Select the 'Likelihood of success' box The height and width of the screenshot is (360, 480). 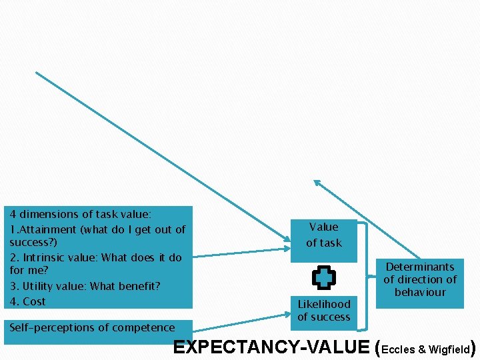pos(323,311)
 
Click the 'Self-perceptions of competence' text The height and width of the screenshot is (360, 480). pos(92,327)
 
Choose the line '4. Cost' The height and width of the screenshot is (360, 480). pos(28,301)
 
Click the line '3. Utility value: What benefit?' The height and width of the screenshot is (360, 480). pos(85,286)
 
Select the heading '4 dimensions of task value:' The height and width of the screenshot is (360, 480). pos(80,215)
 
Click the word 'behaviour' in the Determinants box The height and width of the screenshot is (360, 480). pos(420,292)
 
